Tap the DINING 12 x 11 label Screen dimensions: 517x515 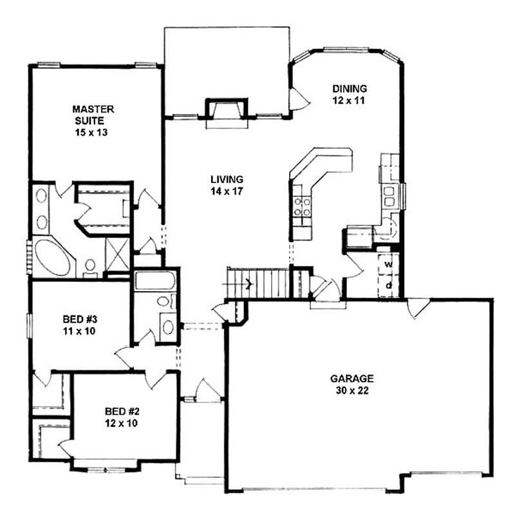[x=349, y=95]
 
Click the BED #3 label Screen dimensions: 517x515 [x=79, y=326]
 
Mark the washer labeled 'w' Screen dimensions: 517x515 [x=389, y=265]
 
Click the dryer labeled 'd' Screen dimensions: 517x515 [x=389, y=284]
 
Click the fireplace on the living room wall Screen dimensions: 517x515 [x=225, y=110]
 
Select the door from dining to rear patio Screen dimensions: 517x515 [x=297, y=99]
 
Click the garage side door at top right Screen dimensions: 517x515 [x=418, y=308]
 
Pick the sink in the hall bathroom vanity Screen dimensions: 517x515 [x=167, y=326]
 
